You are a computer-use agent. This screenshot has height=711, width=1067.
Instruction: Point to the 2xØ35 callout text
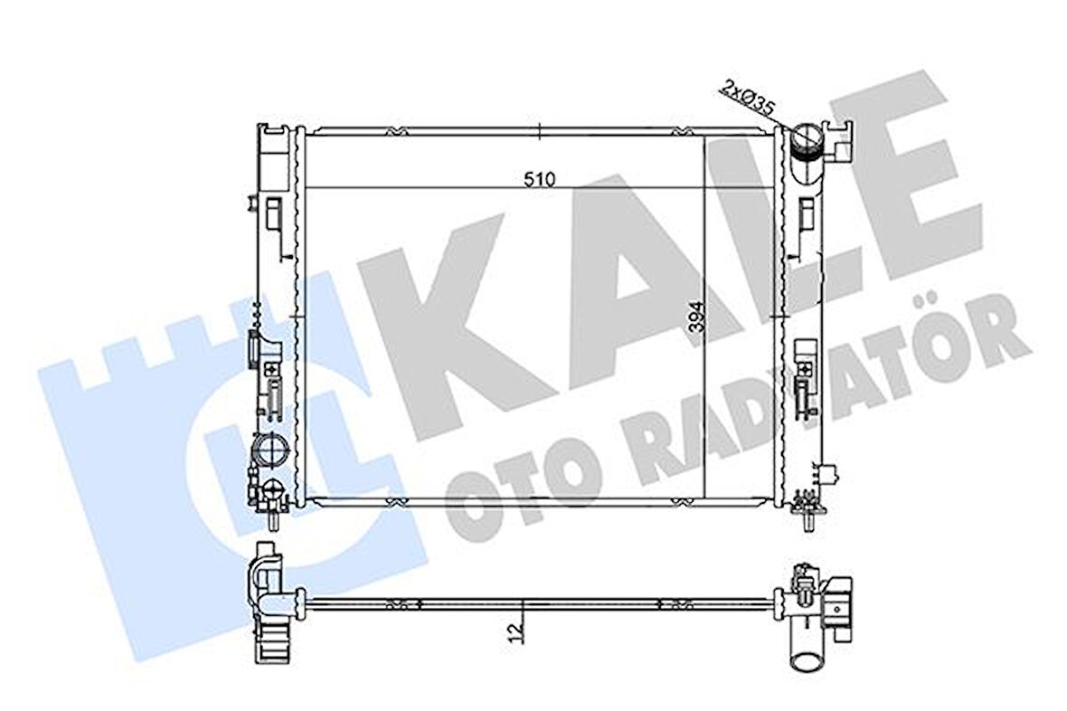[x=747, y=99]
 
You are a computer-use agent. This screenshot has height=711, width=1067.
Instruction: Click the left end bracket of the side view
[x=269, y=602]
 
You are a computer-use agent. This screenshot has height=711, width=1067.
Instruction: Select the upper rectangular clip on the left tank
[x=272, y=213]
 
